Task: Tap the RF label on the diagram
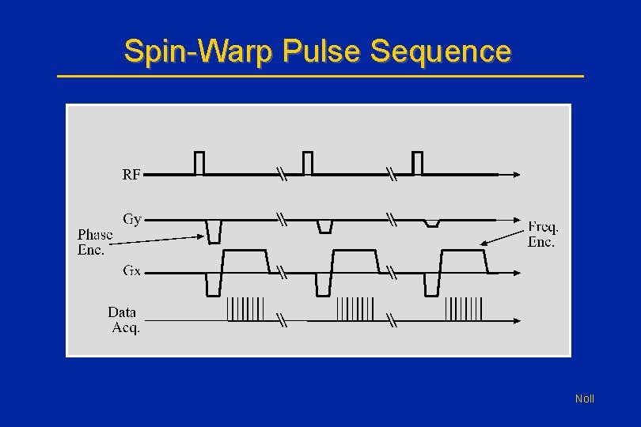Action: (131, 175)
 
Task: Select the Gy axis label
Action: (132, 219)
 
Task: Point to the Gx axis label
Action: (132, 270)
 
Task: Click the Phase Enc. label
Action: (95, 242)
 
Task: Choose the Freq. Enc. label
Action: (543, 235)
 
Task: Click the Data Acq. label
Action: (124, 320)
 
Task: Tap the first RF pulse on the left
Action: (199, 162)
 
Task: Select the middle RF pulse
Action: (308, 162)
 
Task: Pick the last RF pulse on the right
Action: (417, 162)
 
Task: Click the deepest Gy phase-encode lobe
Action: (214, 230)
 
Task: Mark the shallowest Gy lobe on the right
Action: (431, 223)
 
